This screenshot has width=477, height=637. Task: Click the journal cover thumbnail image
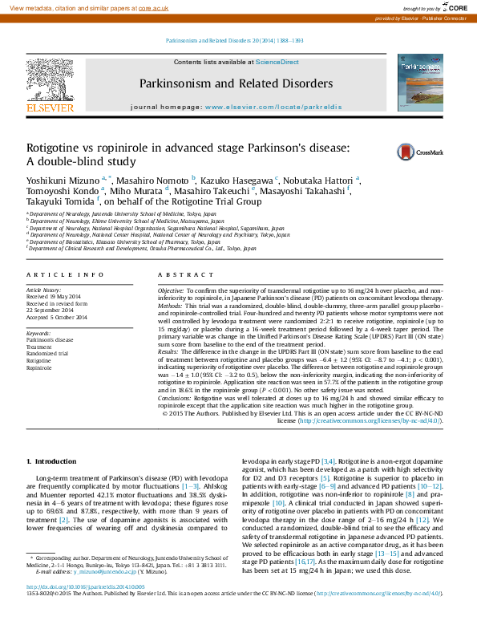[x=420, y=83]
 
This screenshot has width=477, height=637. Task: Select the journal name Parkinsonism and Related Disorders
[x=236, y=83]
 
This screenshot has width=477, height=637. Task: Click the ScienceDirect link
[x=277, y=62]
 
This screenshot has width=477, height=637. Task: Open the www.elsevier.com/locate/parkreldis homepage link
[x=273, y=107]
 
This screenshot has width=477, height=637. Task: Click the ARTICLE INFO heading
[x=66, y=275]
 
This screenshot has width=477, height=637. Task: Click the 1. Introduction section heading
[x=52, y=461]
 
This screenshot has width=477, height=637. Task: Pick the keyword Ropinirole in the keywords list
[x=38, y=368]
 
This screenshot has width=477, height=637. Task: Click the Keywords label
[x=39, y=332]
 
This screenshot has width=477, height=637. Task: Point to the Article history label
[x=44, y=290]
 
